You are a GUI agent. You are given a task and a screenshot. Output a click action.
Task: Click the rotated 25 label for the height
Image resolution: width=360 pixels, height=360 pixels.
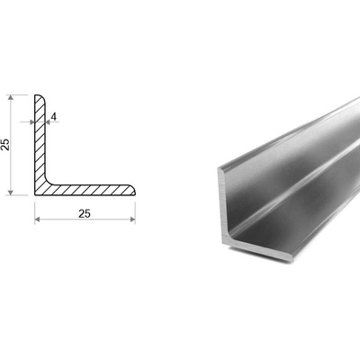click(x=5, y=145)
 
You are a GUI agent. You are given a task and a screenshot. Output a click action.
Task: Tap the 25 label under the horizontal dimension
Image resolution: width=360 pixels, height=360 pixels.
click(x=85, y=213)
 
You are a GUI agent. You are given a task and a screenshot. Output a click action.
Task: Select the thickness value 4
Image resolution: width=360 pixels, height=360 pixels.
click(x=54, y=116)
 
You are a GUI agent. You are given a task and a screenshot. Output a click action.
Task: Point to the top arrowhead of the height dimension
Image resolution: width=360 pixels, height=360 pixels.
click(x=11, y=97)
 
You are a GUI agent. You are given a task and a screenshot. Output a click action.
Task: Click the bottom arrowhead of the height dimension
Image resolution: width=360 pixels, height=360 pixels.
click(x=11, y=193)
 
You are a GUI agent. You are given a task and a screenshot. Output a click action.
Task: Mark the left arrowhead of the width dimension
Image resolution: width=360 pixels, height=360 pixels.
click(x=38, y=220)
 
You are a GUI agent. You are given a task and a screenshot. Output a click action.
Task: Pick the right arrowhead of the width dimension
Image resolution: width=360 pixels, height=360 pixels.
click(x=132, y=220)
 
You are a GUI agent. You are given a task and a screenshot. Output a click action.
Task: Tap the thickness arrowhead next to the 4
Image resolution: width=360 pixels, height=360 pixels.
click(x=48, y=122)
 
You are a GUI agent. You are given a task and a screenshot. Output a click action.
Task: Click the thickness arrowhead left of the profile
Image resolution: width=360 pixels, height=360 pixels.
click(x=32, y=122)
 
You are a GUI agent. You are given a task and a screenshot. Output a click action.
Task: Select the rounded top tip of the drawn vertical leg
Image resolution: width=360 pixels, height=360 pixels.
click(x=40, y=96)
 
